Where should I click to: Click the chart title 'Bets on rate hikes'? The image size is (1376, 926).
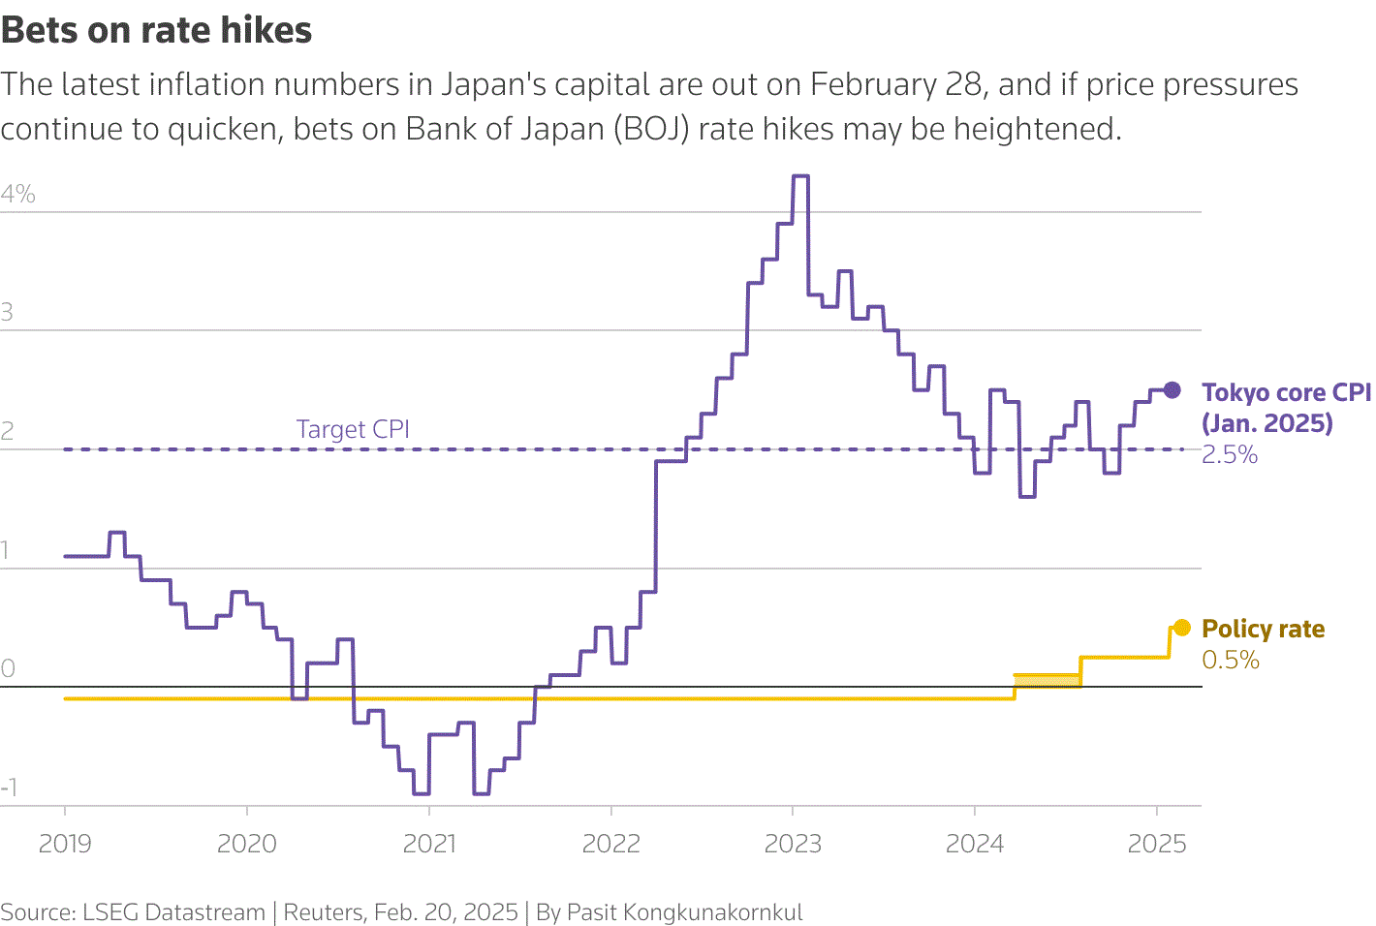pos(157,31)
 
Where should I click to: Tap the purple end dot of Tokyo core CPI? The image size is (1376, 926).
pos(1172,390)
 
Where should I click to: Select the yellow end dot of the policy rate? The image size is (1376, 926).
pos(1181,628)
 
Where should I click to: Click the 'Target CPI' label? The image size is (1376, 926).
pos(353,429)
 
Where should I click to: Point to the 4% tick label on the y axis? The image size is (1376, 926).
pos(18,194)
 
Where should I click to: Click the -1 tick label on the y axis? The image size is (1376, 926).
pos(10,787)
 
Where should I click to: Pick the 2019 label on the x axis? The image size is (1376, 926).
pos(65,844)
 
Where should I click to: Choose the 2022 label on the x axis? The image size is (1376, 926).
pos(610,844)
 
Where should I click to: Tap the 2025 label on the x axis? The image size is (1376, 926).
pos(1156,844)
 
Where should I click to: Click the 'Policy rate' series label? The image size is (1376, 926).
pos(1263,629)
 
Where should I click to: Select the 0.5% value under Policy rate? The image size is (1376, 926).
pos(1230,661)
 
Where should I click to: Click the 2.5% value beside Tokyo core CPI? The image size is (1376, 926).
pos(1229,455)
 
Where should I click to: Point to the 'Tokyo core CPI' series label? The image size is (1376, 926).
pos(1286,392)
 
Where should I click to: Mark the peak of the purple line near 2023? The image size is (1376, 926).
pos(800,176)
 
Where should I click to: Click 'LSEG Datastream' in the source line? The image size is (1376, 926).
pos(173,912)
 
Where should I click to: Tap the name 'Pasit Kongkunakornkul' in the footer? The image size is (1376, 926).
pos(684,912)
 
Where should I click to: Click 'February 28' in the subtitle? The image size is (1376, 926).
pos(896,85)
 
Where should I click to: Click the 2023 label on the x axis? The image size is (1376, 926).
pos(793,844)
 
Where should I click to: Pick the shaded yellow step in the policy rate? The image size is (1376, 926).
pos(1048,681)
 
